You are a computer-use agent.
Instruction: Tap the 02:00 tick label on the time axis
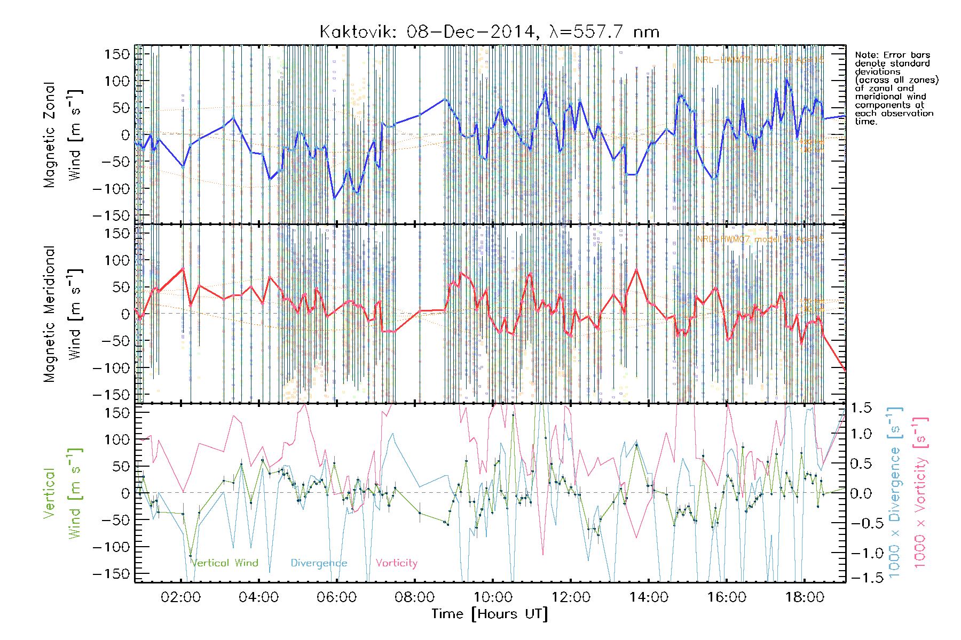[x=181, y=597]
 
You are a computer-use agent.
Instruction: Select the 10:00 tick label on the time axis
[x=493, y=597]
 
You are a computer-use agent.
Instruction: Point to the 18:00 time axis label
[x=805, y=597]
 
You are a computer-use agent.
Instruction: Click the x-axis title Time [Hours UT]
[x=490, y=614]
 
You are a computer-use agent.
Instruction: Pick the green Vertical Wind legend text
[x=225, y=563]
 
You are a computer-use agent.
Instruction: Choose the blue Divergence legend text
[x=319, y=563]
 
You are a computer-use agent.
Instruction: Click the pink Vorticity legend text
[x=397, y=563]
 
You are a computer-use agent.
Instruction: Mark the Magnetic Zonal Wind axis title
[x=63, y=135]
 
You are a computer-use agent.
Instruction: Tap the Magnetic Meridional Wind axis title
[x=63, y=314]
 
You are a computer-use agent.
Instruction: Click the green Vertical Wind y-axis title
[x=63, y=493]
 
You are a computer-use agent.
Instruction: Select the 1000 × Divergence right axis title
[x=895, y=493]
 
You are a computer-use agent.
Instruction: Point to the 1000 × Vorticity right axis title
[x=920, y=493]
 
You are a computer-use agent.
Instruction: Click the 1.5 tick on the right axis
[x=861, y=408]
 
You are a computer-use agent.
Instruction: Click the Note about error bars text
[x=896, y=89]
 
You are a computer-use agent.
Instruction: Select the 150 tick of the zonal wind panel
[x=117, y=54]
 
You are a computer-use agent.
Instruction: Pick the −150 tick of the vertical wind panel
[x=112, y=574]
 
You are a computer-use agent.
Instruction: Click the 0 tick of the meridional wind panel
[x=125, y=314]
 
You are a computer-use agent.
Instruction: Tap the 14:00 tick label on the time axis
[x=649, y=597]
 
